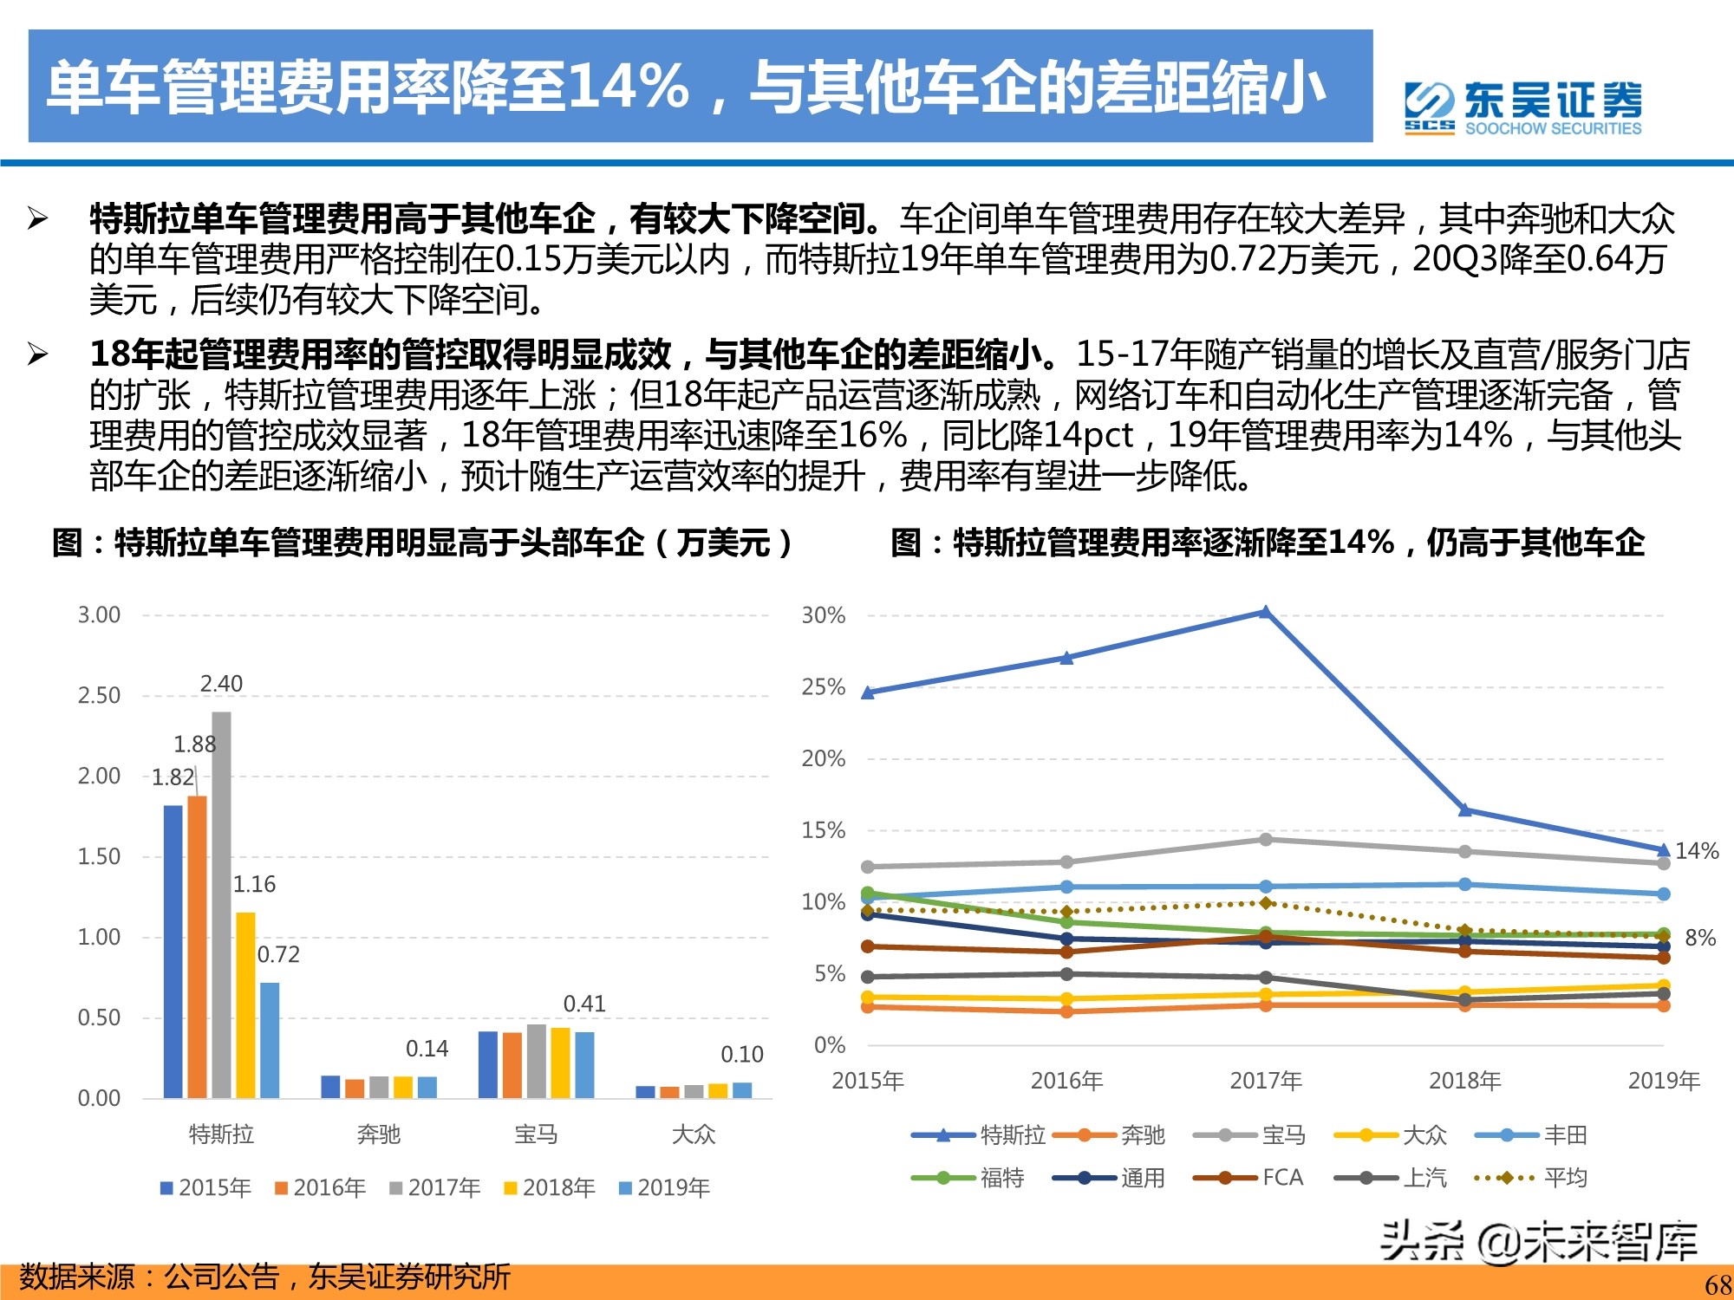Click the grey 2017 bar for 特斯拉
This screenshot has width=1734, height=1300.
tap(221, 905)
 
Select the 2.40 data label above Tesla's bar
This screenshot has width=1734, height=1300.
tap(221, 684)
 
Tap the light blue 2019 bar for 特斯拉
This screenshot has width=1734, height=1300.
tap(270, 1040)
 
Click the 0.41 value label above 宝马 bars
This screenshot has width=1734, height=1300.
tap(584, 1004)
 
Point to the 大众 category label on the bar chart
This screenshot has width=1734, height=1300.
tap(694, 1134)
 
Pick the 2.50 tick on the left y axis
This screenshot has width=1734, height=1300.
tap(99, 696)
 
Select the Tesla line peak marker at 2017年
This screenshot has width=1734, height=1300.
tap(1265, 613)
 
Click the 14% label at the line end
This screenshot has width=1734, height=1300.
tap(1696, 851)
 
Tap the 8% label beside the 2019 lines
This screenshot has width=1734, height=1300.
tap(1699, 938)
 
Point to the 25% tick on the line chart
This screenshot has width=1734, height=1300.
tap(823, 687)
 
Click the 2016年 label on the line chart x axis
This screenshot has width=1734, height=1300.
tap(1066, 1081)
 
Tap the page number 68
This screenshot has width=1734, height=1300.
tap(1718, 1284)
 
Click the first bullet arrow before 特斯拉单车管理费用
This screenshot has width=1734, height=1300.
tap(37, 218)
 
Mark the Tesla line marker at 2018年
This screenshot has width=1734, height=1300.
tap(1464, 810)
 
